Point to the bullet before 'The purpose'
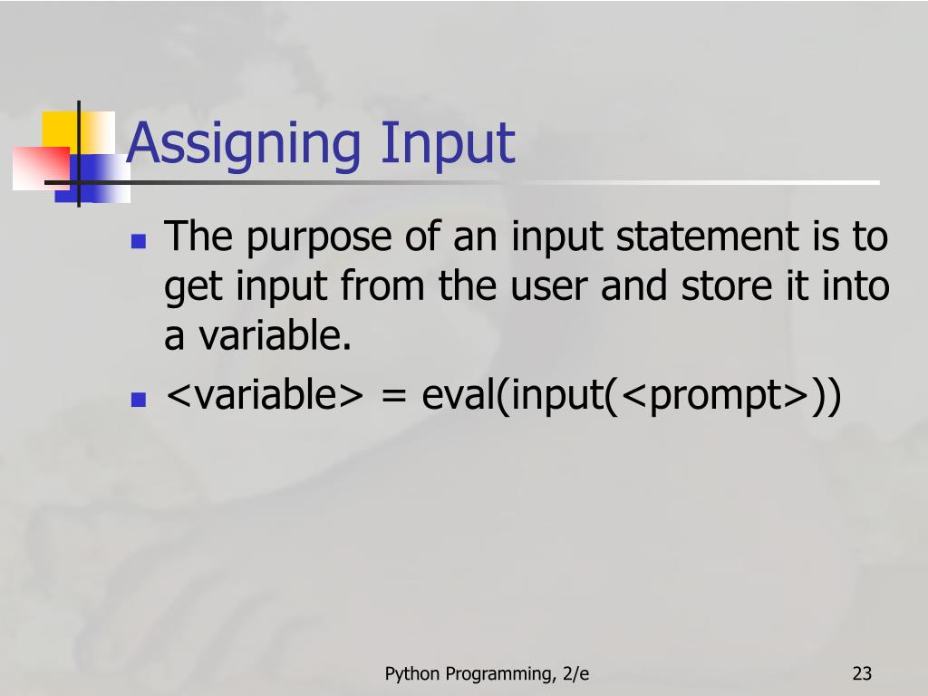coord(139,241)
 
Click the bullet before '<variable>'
coord(139,399)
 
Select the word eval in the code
coord(460,397)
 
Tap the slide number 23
coord(861,673)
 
